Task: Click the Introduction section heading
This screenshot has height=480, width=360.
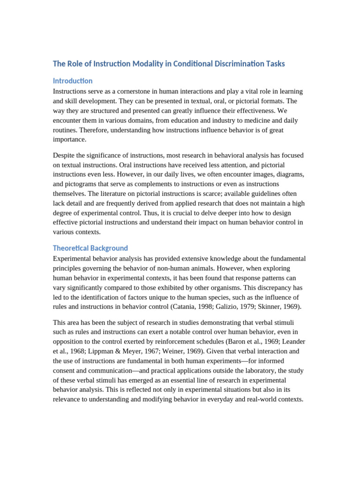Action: (x=73, y=81)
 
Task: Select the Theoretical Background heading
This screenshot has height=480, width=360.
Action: (x=90, y=248)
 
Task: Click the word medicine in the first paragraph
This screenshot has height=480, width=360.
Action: (x=260, y=120)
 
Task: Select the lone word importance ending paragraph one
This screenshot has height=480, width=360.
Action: (x=70, y=140)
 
